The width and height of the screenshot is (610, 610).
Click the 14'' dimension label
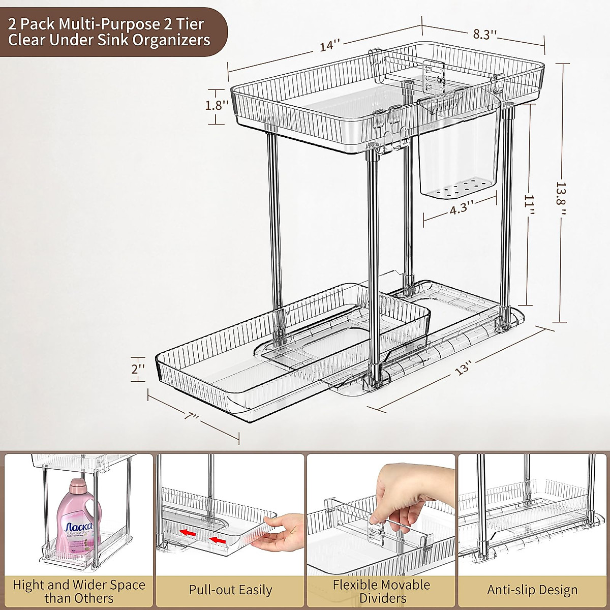click(x=329, y=45)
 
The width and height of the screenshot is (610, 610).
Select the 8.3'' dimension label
click(x=485, y=35)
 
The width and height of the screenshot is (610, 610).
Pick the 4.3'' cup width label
click(x=462, y=210)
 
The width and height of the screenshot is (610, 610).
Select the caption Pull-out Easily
click(x=230, y=590)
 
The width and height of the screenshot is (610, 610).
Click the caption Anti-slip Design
click(x=532, y=590)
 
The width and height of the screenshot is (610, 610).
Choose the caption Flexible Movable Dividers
click(x=381, y=591)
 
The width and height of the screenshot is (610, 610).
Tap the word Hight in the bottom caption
click(x=28, y=585)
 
